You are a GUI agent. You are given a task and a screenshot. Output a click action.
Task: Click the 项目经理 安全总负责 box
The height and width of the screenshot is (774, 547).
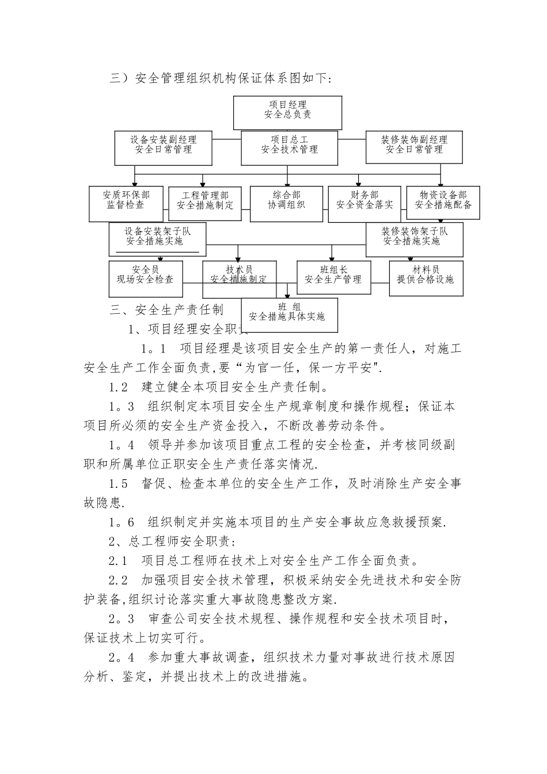287,112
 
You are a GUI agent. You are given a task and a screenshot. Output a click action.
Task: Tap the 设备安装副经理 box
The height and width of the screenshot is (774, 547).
163,148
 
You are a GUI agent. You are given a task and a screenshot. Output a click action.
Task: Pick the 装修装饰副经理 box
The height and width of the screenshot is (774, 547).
414,148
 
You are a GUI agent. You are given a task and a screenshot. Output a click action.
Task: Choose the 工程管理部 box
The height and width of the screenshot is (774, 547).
205,203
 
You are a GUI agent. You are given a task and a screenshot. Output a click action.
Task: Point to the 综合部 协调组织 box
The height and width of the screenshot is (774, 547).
286,203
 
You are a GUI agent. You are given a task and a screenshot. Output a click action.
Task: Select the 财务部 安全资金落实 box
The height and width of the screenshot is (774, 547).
364,203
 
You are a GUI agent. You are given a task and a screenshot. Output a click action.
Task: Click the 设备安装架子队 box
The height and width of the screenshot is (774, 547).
157,239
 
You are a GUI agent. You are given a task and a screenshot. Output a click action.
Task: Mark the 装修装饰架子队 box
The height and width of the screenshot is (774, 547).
414,239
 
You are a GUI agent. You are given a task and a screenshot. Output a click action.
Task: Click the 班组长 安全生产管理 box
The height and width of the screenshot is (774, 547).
333,278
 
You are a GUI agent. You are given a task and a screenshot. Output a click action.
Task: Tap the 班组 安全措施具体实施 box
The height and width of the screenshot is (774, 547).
289,314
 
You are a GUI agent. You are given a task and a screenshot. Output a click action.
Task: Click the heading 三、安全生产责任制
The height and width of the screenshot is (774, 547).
166,310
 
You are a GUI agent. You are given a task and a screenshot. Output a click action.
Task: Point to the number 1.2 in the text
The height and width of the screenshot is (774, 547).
119,387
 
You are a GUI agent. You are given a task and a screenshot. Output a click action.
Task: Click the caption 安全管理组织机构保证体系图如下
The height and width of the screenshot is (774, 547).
232,78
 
